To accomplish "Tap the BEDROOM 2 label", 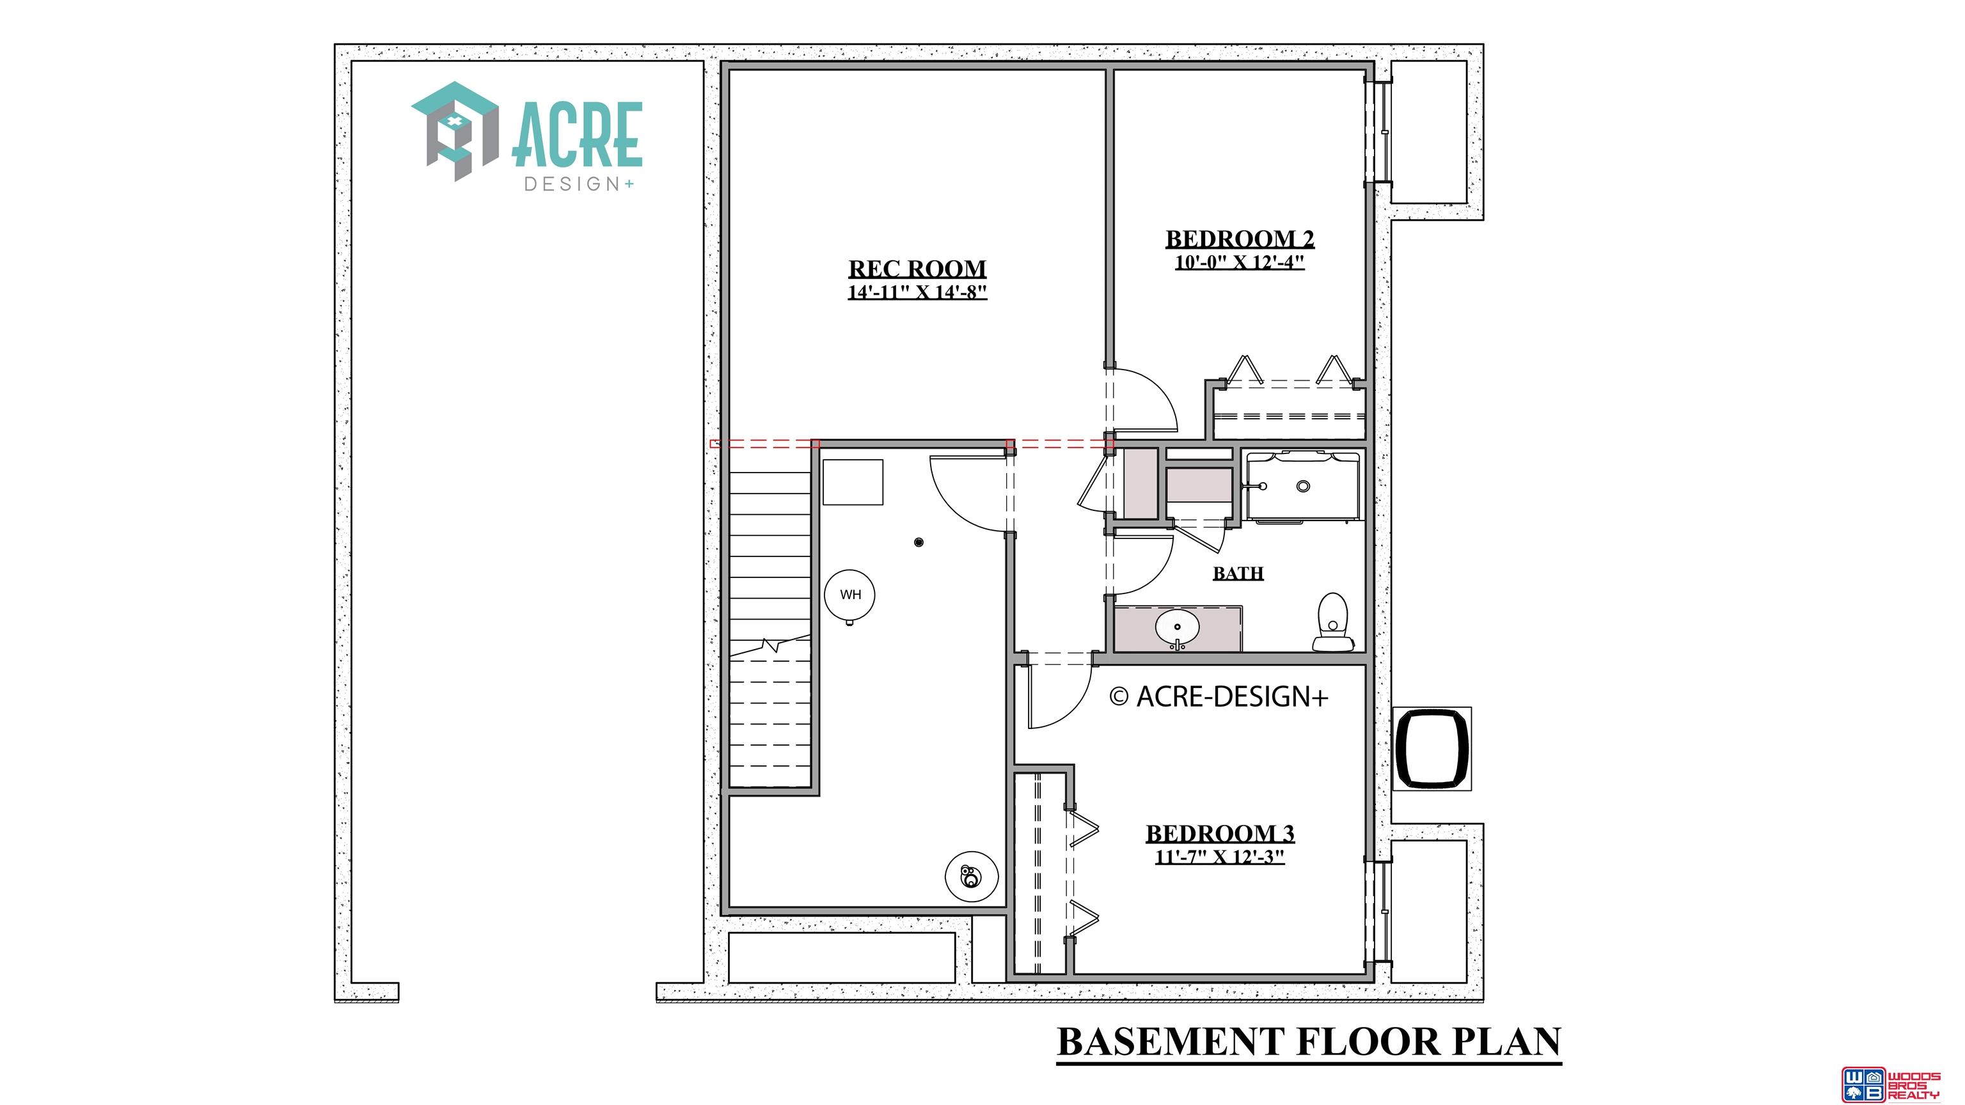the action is [1240, 239].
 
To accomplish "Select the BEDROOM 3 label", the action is [1220, 833].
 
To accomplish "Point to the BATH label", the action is [1238, 573].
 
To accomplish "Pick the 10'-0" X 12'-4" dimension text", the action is [1240, 262].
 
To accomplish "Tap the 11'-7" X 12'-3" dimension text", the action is [1220, 856].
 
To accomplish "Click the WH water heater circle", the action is [849, 595].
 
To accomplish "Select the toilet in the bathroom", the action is [1332, 622].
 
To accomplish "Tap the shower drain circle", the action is [1304, 486].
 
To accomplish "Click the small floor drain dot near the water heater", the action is [919, 542].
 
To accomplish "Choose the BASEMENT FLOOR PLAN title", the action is [1309, 1042].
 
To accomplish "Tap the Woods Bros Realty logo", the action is [1890, 1085].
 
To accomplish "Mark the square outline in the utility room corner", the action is [853, 482].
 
